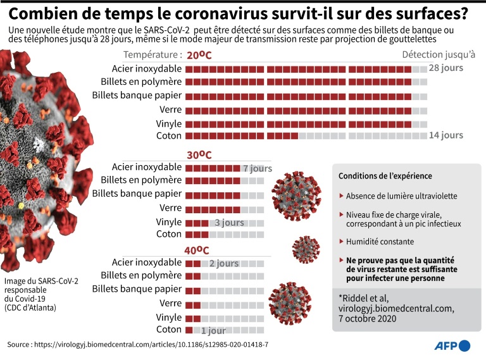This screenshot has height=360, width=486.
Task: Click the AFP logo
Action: [x=452, y=345]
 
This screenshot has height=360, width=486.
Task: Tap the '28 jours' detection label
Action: [x=445, y=68]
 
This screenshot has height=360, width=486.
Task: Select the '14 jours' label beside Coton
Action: [x=445, y=135]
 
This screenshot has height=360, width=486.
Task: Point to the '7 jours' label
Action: [x=257, y=168]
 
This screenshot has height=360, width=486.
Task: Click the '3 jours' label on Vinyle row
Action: [x=229, y=223]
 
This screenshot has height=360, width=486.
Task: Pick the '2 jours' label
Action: [x=224, y=263]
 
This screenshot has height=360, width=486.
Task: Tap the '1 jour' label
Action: [x=213, y=330]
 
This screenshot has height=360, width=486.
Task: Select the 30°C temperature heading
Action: [x=199, y=155]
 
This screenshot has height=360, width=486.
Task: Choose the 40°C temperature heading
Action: [x=197, y=250]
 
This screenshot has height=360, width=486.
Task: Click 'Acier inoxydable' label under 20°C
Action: [x=147, y=68]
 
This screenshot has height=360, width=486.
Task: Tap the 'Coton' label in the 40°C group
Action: [x=169, y=330]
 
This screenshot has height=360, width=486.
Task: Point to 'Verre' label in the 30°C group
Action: [x=171, y=208]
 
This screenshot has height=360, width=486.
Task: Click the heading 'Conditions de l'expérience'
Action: [x=385, y=176]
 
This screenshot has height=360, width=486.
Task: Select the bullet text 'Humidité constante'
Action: [x=380, y=242]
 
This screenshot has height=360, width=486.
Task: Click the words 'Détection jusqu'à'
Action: [x=439, y=54]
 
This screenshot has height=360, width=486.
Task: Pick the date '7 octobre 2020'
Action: [x=367, y=319]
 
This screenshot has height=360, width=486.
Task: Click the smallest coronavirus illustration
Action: [x=306, y=249]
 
